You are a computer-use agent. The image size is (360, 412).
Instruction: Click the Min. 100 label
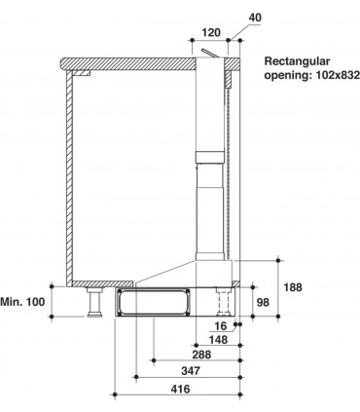pyautogui.click(x=23, y=304)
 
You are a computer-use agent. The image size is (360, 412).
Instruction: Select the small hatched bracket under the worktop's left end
pyautogui.click(x=86, y=72)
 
